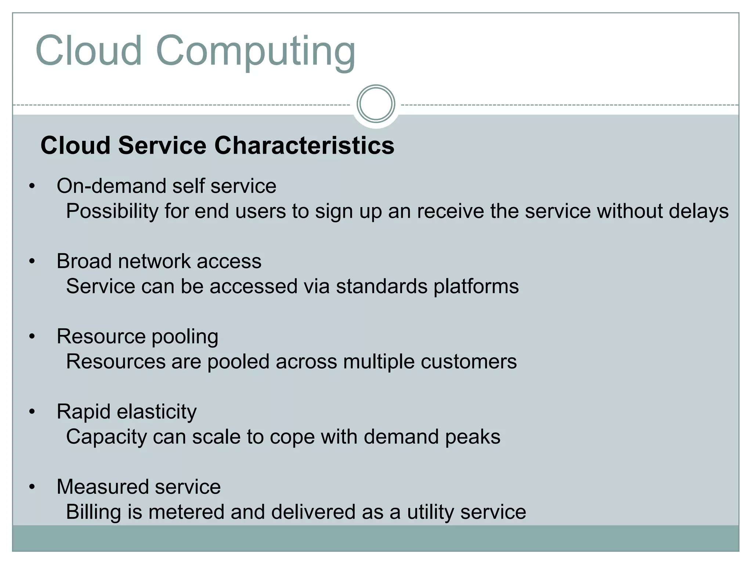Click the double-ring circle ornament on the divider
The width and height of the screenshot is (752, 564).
pos(376,104)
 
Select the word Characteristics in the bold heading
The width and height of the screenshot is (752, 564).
pos(304,145)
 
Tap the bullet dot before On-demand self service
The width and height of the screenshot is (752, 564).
pos(32,186)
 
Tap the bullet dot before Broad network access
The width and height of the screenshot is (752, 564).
pos(32,261)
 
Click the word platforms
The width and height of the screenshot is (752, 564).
pos(476,287)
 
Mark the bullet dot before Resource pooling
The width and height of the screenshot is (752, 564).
pos(32,337)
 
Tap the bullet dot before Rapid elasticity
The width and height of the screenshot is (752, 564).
pos(32,412)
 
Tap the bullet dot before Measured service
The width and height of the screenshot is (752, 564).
pos(32,487)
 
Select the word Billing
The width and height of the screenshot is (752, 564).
pos(94,513)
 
